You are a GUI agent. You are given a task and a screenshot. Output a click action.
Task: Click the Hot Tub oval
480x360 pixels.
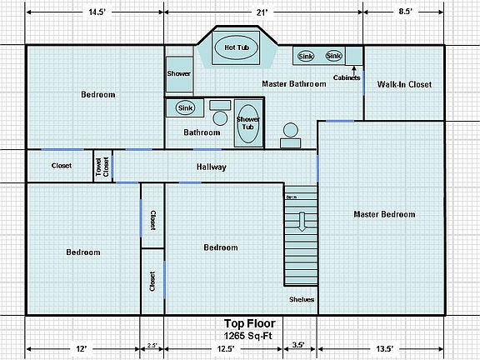pos(236,47)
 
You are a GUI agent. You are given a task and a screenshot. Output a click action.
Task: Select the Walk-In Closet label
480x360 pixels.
pos(404,84)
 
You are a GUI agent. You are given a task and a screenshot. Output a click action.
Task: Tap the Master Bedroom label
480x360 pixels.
pos(384,214)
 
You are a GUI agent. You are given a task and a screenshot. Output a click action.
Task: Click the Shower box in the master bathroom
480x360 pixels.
pos(178,73)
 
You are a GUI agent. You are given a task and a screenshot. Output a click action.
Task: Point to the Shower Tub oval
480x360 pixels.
pos(247,124)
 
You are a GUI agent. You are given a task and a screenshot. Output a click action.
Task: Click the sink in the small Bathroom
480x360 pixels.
pos(185,107)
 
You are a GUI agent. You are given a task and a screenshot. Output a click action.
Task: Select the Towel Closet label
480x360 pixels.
pos(102,165)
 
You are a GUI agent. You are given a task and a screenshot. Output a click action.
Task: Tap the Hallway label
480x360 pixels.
pos(211,167)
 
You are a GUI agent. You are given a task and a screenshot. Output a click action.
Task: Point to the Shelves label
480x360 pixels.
pos(302,299)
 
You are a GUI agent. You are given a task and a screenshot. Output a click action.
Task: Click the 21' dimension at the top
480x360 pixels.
pos(263,12)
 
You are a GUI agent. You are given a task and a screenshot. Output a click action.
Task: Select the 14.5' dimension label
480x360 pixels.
pos(96,12)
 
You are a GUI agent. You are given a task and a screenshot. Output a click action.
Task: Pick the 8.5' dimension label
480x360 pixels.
pos(405,12)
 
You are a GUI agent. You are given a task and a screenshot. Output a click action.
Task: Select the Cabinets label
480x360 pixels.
pos(347,77)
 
